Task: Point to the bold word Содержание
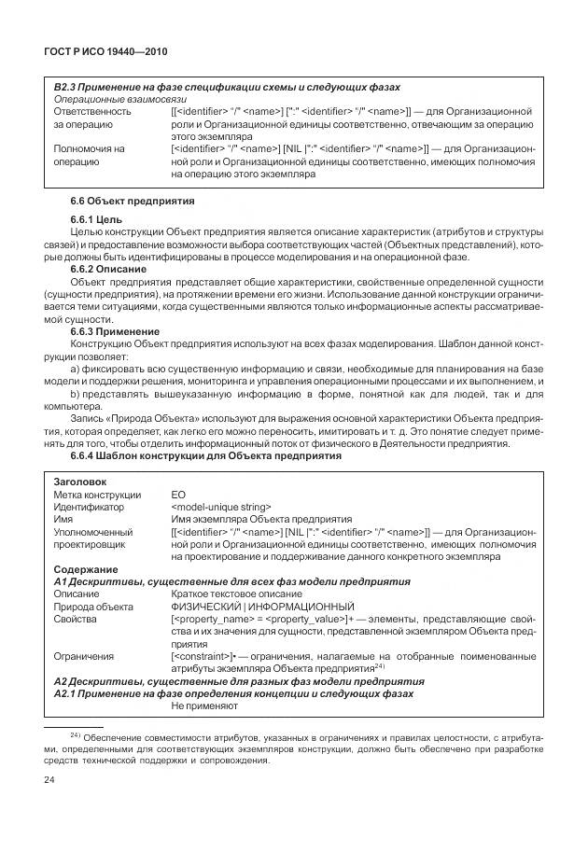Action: pyautogui.click(x=86, y=569)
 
